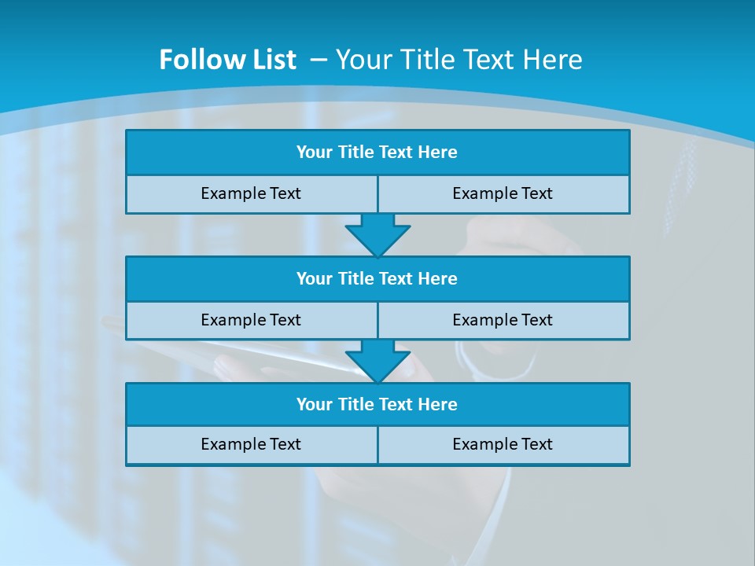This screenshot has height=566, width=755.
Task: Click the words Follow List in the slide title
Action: [x=227, y=60]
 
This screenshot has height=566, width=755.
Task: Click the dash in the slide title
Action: [x=320, y=60]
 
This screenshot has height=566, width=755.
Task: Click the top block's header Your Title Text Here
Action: [x=377, y=153]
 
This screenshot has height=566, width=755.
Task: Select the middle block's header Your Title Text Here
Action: [x=377, y=278]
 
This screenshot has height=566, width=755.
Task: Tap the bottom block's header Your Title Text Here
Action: [x=377, y=404]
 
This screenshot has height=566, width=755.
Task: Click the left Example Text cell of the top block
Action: [x=251, y=193]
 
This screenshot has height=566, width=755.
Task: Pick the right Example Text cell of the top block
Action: [x=503, y=193]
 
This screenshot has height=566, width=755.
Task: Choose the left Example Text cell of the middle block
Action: [x=251, y=320]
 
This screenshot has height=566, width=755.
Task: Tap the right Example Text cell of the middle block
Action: [x=503, y=320]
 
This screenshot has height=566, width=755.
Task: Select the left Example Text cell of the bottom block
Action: [x=251, y=444]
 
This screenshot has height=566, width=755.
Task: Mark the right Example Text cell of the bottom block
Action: [x=503, y=444]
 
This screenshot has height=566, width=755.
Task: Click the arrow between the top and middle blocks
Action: [x=377, y=234]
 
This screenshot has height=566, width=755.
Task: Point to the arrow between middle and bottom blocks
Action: [x=377, y=361]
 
